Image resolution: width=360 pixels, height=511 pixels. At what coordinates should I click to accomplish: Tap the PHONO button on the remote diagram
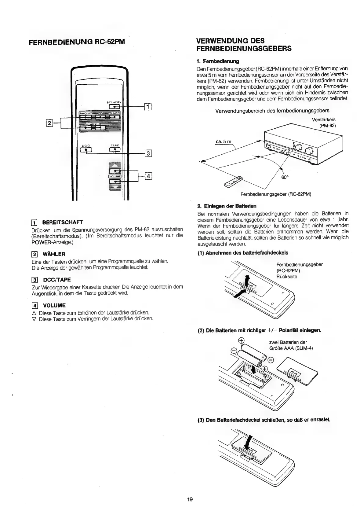click(x=86, y=117)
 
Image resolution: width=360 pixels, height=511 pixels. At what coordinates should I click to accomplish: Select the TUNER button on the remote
click(x=115, y=117)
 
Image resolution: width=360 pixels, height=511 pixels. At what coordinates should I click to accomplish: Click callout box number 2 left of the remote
click(x=49, y=123)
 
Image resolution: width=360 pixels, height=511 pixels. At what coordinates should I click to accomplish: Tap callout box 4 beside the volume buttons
click(x=148, y=176)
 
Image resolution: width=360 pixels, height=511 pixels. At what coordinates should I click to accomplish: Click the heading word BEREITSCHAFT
click(x=62, y=222)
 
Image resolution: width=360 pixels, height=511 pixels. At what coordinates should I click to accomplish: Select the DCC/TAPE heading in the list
click(x=56, y=280)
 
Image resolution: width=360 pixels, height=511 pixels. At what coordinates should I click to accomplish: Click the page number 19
click(x=190, y=499)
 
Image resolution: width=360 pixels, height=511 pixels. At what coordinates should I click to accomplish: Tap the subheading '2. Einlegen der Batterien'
click(x=227, y=206)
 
